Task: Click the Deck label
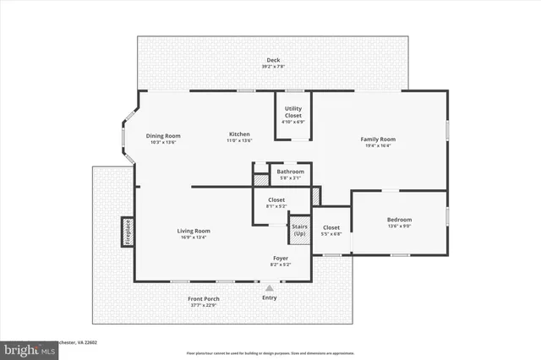tap(272, 61)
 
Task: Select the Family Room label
tap(378, 139)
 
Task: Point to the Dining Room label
tap(163, 135)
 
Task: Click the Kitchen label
tap(238, 135)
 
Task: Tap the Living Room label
tap(193, 231)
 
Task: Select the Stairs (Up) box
tap(299, 229)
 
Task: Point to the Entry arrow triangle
tap(270, 288)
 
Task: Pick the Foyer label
tap(280, 258)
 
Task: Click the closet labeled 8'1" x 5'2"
tap(276, 203)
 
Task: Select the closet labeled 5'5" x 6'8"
tap(331, 230)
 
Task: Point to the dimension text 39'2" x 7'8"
tap(272, 67)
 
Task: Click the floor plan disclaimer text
tap(270, 352)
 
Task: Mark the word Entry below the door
tap(270, 297)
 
